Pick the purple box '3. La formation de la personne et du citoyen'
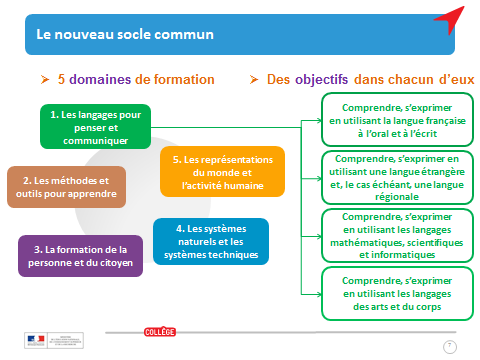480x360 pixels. click(80, 255)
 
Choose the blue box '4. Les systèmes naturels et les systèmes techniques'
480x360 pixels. click(209, 241)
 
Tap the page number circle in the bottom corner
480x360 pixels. click(450, 346)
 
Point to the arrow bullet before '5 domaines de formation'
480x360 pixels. click(45, 79)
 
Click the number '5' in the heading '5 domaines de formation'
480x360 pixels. click(62, 79)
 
